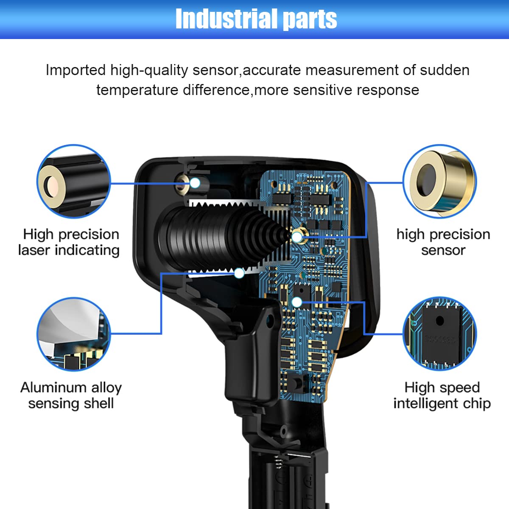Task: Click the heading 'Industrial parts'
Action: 256,19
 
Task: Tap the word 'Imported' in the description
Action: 76,70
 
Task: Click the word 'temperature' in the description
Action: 137,90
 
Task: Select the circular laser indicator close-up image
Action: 74,181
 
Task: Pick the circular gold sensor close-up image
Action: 440,181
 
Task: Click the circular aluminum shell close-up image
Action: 74,334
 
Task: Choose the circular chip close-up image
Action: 440,334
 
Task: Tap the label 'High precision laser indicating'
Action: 69,242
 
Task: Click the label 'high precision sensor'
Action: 443,242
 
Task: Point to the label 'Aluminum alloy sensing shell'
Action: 71,395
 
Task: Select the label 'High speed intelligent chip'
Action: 442,395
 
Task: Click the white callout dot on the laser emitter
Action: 195,183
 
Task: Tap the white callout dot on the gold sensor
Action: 297,237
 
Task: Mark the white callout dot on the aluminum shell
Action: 239,273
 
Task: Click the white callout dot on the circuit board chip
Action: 297,302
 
